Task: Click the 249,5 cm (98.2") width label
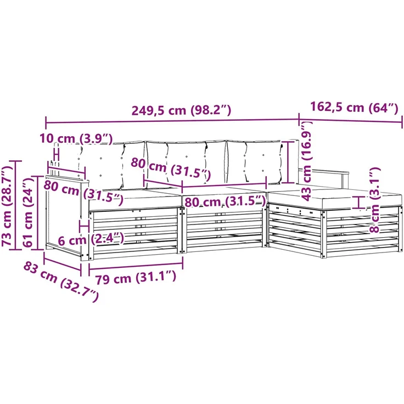pyautogui.click(x=181, y=110)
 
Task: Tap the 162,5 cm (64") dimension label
pyautogui.click(x=354, y=107)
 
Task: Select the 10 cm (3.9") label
pyautogui.click(x=76, y=139)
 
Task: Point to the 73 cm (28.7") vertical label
pyautogui.click(x=7, y=206)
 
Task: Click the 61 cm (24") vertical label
pyautogui.click(x=28, y=212)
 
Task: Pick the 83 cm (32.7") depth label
pyautogui.click(x=61, y=282)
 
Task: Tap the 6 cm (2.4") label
pyautogui.click(x=91, y=239)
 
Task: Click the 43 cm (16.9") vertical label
pyautogui.click(x=307, y=161)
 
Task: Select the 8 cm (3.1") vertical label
pyautogui.click(x=374, y=200)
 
